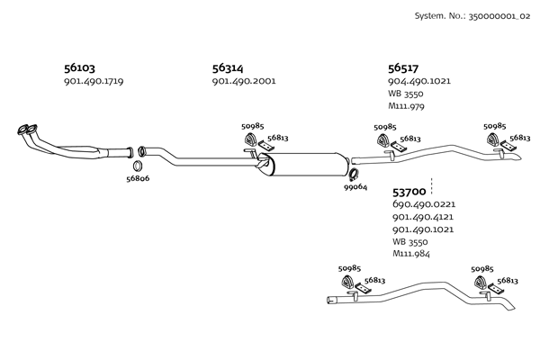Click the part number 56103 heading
click(x=79, y=68)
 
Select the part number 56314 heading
click(x=228, y=68)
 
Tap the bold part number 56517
click(x=404, y=68)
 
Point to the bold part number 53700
click(x=409, y=193)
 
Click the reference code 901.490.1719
click(x=94, y=82)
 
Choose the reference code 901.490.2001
click(x=243, y=82)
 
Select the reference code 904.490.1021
click(x=419, y=82)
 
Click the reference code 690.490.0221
click(x=424, y=205)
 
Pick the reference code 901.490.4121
click(x=423, y=218)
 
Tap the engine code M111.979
click(x=406, y=107)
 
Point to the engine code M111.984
click(x=411, y=255)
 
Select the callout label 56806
click(x=138, y=179)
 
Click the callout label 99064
click(x=355, y=187)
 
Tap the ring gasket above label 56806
click(x=138, y=166)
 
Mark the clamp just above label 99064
click(x=355, y=174)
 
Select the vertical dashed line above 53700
click(x=433, y=184)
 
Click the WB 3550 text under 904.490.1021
click(x=406, y=94)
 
